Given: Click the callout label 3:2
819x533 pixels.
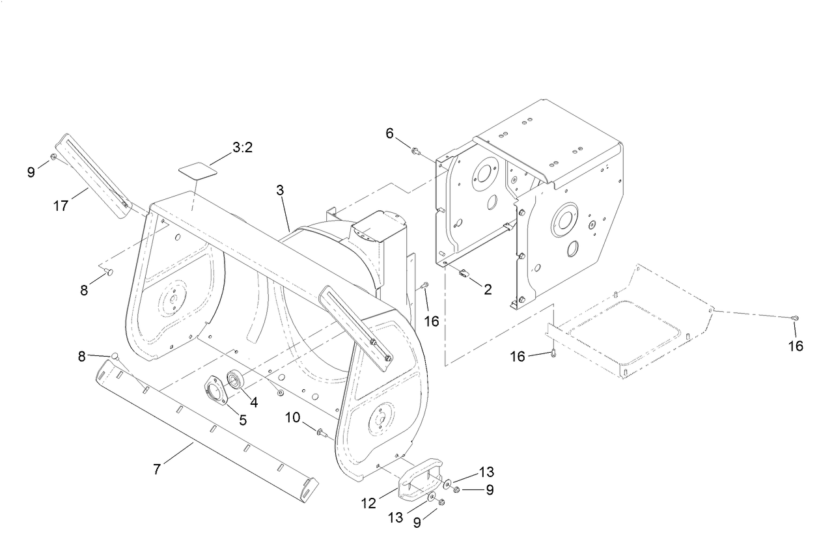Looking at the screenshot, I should [242, 148].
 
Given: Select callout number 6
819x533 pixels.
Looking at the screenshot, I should [390, 133].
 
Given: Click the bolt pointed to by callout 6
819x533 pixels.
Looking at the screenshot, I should [414, 152].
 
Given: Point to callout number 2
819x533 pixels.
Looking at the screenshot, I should [488, 290].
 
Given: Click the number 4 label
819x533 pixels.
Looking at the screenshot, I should [254, 403].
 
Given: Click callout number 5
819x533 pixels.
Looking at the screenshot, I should [243, 420].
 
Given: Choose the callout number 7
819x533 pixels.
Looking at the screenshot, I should [157, 469].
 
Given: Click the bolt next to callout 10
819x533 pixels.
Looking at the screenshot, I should [320, 431].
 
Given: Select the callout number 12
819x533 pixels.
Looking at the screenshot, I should [368, 503].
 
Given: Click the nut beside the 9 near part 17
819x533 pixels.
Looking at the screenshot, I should [53, 157].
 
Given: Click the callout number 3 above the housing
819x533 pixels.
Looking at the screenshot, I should [280, 191].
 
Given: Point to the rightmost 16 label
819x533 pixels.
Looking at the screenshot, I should [796, 346].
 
